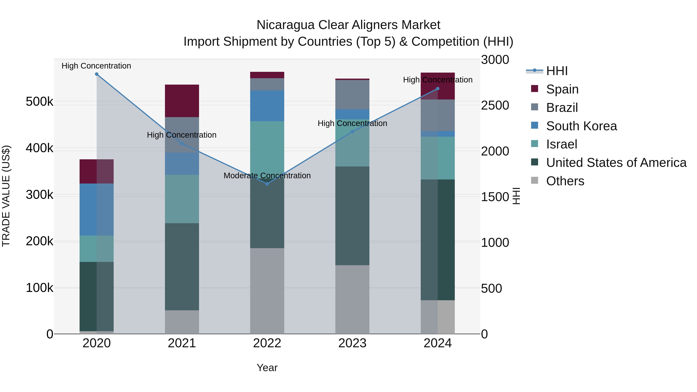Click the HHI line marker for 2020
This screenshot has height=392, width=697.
coord(97,74)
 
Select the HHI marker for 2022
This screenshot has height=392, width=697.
coord(267,184)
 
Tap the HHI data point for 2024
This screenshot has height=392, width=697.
coord(438,89)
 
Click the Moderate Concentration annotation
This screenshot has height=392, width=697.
coord(267,176)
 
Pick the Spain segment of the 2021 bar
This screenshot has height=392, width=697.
coord(182,101)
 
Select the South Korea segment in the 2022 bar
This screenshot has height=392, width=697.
coord(267,106)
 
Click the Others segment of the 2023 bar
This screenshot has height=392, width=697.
coord(352,299)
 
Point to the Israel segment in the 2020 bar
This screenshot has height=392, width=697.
coord(97,249)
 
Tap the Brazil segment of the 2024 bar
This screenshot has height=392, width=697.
coord(438,115)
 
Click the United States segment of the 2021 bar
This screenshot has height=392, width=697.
coord(182,267)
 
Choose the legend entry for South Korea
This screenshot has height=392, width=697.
coord(581,126)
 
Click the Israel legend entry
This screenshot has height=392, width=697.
coord(561,144)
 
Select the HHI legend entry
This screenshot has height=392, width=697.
coord(557,71)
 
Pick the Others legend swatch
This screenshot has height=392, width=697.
coord(534,180)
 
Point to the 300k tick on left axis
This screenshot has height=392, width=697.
coord(39,195)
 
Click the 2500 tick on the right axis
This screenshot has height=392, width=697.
coord(495,106)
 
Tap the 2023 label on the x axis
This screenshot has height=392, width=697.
coord(352,343)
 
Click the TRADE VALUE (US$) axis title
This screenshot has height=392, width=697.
coord(6,196)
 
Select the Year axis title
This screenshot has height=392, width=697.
coord(267,368)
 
